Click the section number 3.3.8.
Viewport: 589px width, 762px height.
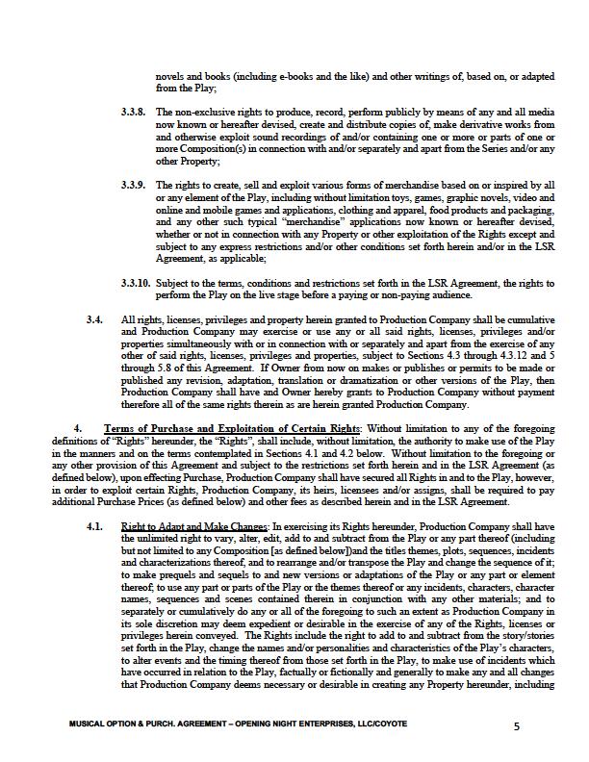(134, 113)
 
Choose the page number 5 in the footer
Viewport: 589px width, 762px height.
(517, 725)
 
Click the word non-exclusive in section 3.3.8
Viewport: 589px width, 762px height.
(201, 113)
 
